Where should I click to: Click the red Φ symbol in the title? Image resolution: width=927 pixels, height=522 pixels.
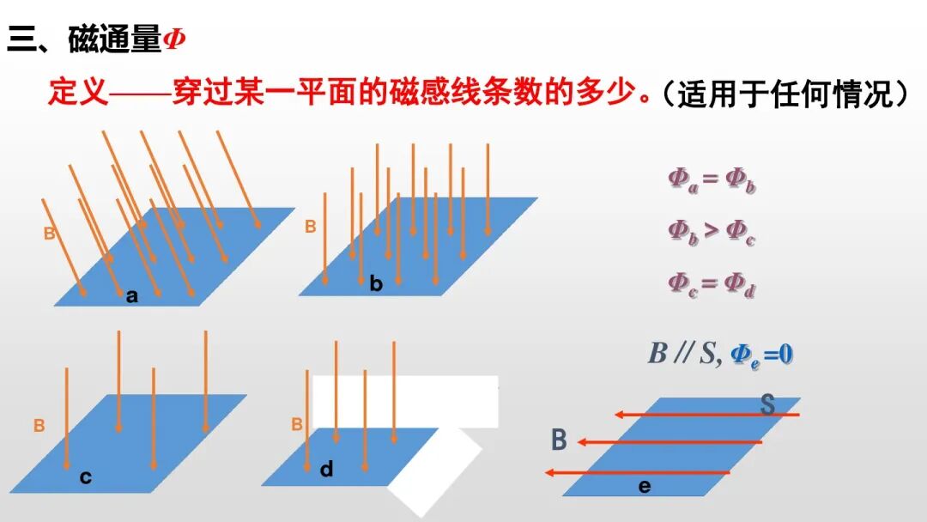174,39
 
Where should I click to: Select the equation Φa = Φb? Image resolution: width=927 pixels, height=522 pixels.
712,179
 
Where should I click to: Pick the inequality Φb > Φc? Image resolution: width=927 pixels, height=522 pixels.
712,232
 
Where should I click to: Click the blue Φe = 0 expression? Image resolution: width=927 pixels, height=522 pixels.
761,353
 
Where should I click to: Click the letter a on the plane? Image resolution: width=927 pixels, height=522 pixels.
131,296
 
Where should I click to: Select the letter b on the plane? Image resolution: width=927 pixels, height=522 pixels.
376,284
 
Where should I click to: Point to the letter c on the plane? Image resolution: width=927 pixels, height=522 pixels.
86,477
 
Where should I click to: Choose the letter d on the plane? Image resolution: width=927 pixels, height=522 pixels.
326,469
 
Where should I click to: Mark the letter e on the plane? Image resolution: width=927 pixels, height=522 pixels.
645,487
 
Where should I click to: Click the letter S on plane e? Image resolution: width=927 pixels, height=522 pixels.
767,405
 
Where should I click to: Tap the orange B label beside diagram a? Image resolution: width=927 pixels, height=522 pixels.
50,233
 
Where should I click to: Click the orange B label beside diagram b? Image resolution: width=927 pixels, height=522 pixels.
311,227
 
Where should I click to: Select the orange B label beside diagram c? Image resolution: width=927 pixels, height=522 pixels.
39,425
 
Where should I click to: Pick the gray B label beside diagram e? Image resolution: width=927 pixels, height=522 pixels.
559,440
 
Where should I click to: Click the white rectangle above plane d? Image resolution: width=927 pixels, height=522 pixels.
404,401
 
